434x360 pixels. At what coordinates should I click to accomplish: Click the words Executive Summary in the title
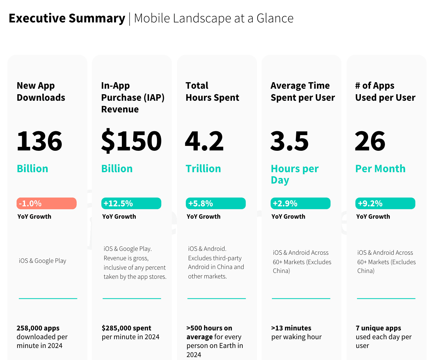(x=67, y=18)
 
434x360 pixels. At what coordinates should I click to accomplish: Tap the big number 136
(x=39, y=141)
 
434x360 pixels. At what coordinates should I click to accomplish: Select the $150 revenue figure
(x=131, y=141)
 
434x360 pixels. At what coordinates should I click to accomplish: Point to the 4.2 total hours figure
(x=204, y=141)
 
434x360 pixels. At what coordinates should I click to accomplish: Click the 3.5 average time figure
(x=289, y=141)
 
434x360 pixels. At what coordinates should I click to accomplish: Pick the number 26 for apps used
(x=370, y=141)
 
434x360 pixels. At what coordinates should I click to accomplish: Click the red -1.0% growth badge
(x=46, y=203)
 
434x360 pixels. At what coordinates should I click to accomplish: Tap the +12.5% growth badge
(x=131, y=203)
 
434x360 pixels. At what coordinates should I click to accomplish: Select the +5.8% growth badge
(x=216, y=203)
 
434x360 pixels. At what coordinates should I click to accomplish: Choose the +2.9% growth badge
(x=300, y=203)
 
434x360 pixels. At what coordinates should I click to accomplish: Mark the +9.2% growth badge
(x=385, y=203)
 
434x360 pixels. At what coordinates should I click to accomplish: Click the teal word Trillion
(x=203, y=169)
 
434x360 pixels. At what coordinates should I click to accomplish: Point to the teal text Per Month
(x=380, y=169)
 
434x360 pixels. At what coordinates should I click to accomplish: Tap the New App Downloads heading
(x=41, y=92)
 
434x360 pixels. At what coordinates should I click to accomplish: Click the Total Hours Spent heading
(x=212, y=92)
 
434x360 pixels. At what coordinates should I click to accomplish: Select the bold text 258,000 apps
(x=38, y=328)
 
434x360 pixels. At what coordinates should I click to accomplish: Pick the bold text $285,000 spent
(x=126, y=328)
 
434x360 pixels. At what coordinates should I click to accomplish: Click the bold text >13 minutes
(x=291, y=328)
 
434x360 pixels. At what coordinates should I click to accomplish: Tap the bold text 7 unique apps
(x=378, y=328)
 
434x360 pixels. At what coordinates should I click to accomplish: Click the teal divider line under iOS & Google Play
(x=48, y=298)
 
